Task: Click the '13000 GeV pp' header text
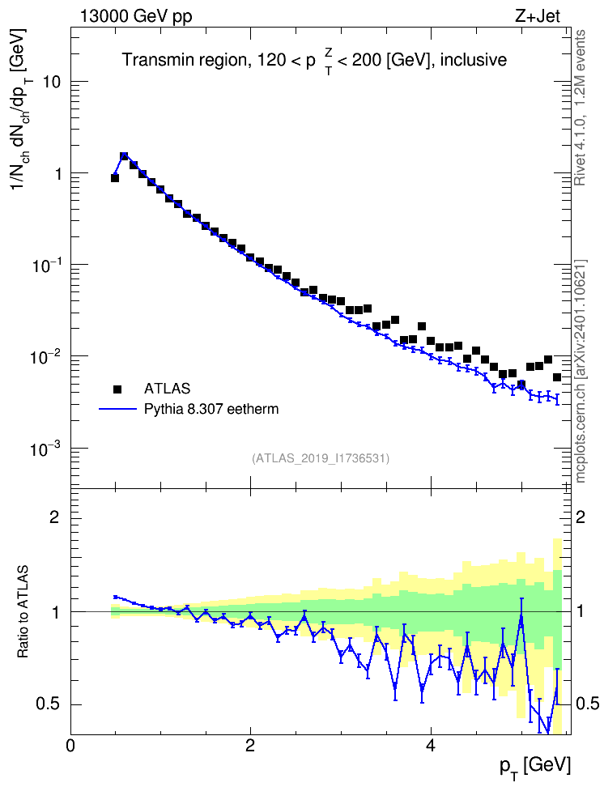tap(135, 16)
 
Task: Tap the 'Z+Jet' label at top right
tap(538, 16)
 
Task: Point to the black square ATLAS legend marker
tap(117, 389)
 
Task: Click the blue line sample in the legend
tap(117, 409)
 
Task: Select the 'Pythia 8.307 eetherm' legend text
tap(211, 409)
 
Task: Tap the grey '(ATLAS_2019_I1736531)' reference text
tap(321, 458)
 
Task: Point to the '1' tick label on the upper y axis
tap(57, 173)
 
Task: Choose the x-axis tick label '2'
tap(250, 746)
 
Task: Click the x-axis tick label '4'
tap(430, 746)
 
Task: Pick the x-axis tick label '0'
tap(70, 746)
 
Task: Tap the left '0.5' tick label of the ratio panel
tap(48, 704)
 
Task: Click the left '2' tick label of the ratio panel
tap(55, 517)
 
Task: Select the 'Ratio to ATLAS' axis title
tap(23, 612)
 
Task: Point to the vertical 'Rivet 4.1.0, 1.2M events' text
tap(580, 108)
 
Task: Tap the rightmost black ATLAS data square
tap(557, 377)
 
